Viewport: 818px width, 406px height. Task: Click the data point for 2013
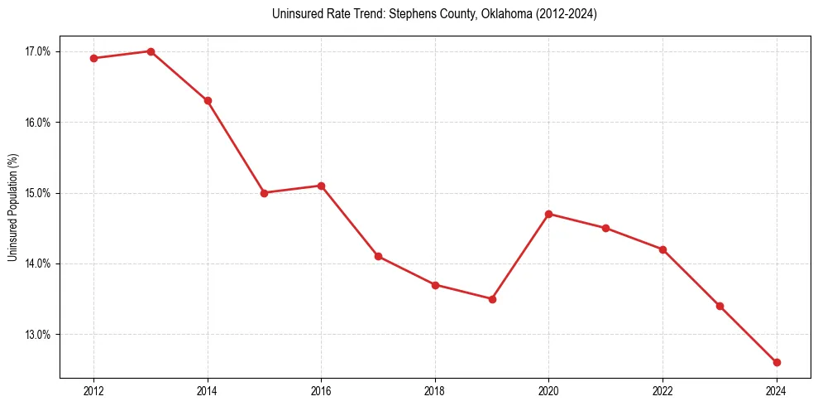(151, 51)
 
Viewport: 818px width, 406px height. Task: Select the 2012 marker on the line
(93, 58)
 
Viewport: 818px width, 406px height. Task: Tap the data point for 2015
(265, 193)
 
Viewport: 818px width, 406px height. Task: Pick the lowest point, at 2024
(777, 362)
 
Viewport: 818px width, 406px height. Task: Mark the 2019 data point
(492, 299)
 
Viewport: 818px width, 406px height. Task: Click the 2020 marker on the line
(549, 214)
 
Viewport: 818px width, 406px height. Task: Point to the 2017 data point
(378, 256)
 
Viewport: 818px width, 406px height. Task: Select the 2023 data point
(720, 306)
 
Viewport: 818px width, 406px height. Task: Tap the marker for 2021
(606, 228)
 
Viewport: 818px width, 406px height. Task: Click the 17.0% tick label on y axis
(38, 51)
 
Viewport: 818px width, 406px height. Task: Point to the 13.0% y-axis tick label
(38, 335)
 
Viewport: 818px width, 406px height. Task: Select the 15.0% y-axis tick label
(38, 193)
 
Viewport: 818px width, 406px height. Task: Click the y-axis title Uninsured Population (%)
(12, 207)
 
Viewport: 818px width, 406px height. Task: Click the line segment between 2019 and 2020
(521, 256)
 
